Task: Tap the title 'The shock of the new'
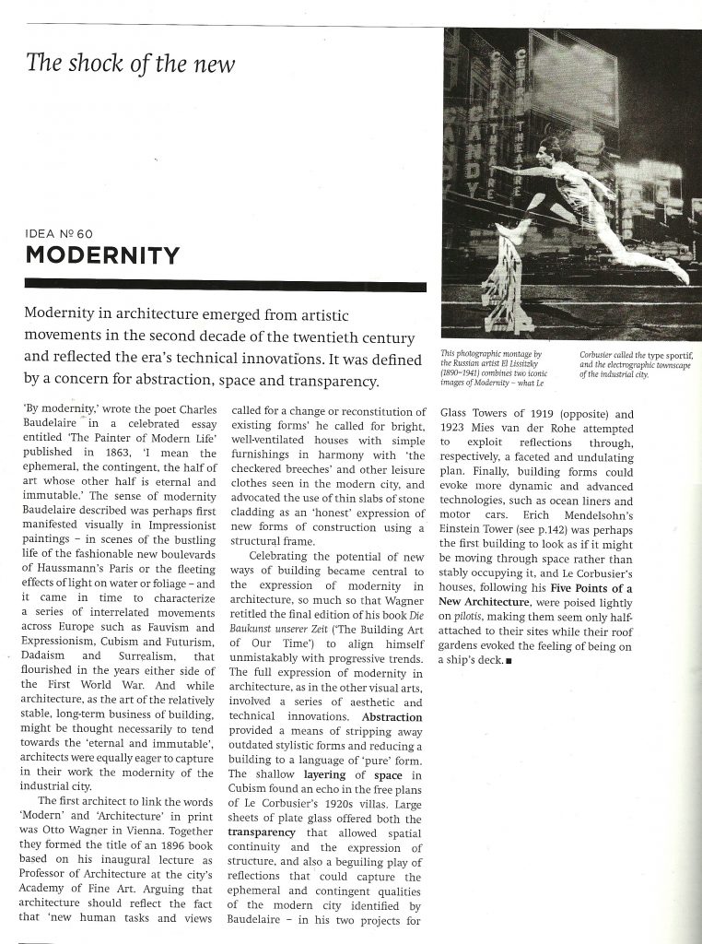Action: click(131, 64)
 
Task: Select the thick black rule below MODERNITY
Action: click(225, 286)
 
